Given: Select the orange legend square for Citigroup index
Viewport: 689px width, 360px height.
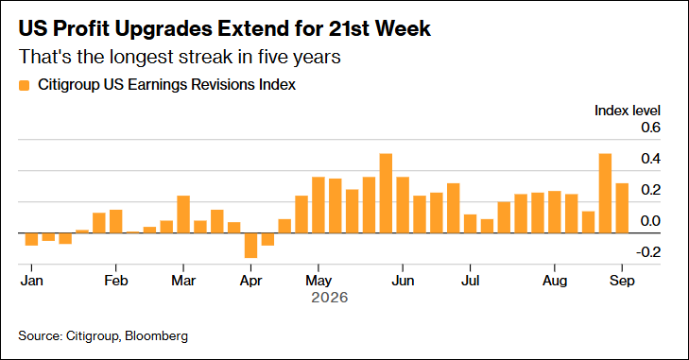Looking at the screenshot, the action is (x=25, y=85).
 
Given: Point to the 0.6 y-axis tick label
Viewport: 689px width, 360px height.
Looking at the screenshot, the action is (x=650, y=128).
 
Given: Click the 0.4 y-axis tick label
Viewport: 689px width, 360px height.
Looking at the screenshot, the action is (x=650, y=159).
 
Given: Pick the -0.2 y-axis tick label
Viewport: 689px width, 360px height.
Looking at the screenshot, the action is (x=648, y=252).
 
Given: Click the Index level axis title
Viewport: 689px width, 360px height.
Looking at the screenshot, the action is (x=627, y=111).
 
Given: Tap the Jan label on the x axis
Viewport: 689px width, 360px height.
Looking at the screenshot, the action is (x=31, y=281).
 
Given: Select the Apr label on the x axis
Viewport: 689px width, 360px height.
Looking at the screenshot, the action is (x=250, y=281).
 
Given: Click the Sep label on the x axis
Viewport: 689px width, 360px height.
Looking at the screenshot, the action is (x=622, y=281).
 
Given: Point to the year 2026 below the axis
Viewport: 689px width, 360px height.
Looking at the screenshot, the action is (x=330, y=298).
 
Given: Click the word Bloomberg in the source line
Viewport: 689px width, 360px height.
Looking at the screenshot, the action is (x=157, y=335).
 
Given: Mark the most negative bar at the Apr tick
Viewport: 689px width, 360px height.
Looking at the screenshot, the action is (x=250, y=246).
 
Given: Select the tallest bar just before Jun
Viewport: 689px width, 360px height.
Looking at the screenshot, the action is (x=386, y=194).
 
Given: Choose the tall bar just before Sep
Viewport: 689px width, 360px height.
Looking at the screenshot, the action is (x=605, y=194).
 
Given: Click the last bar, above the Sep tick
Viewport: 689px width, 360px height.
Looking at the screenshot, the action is (x=622, y=208).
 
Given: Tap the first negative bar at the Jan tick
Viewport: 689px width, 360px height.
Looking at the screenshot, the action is (x=31, y=239).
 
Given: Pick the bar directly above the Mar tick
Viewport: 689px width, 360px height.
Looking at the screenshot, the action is (x=183, y=214).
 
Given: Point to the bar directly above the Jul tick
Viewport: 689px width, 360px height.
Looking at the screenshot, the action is (x=470, y=224).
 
